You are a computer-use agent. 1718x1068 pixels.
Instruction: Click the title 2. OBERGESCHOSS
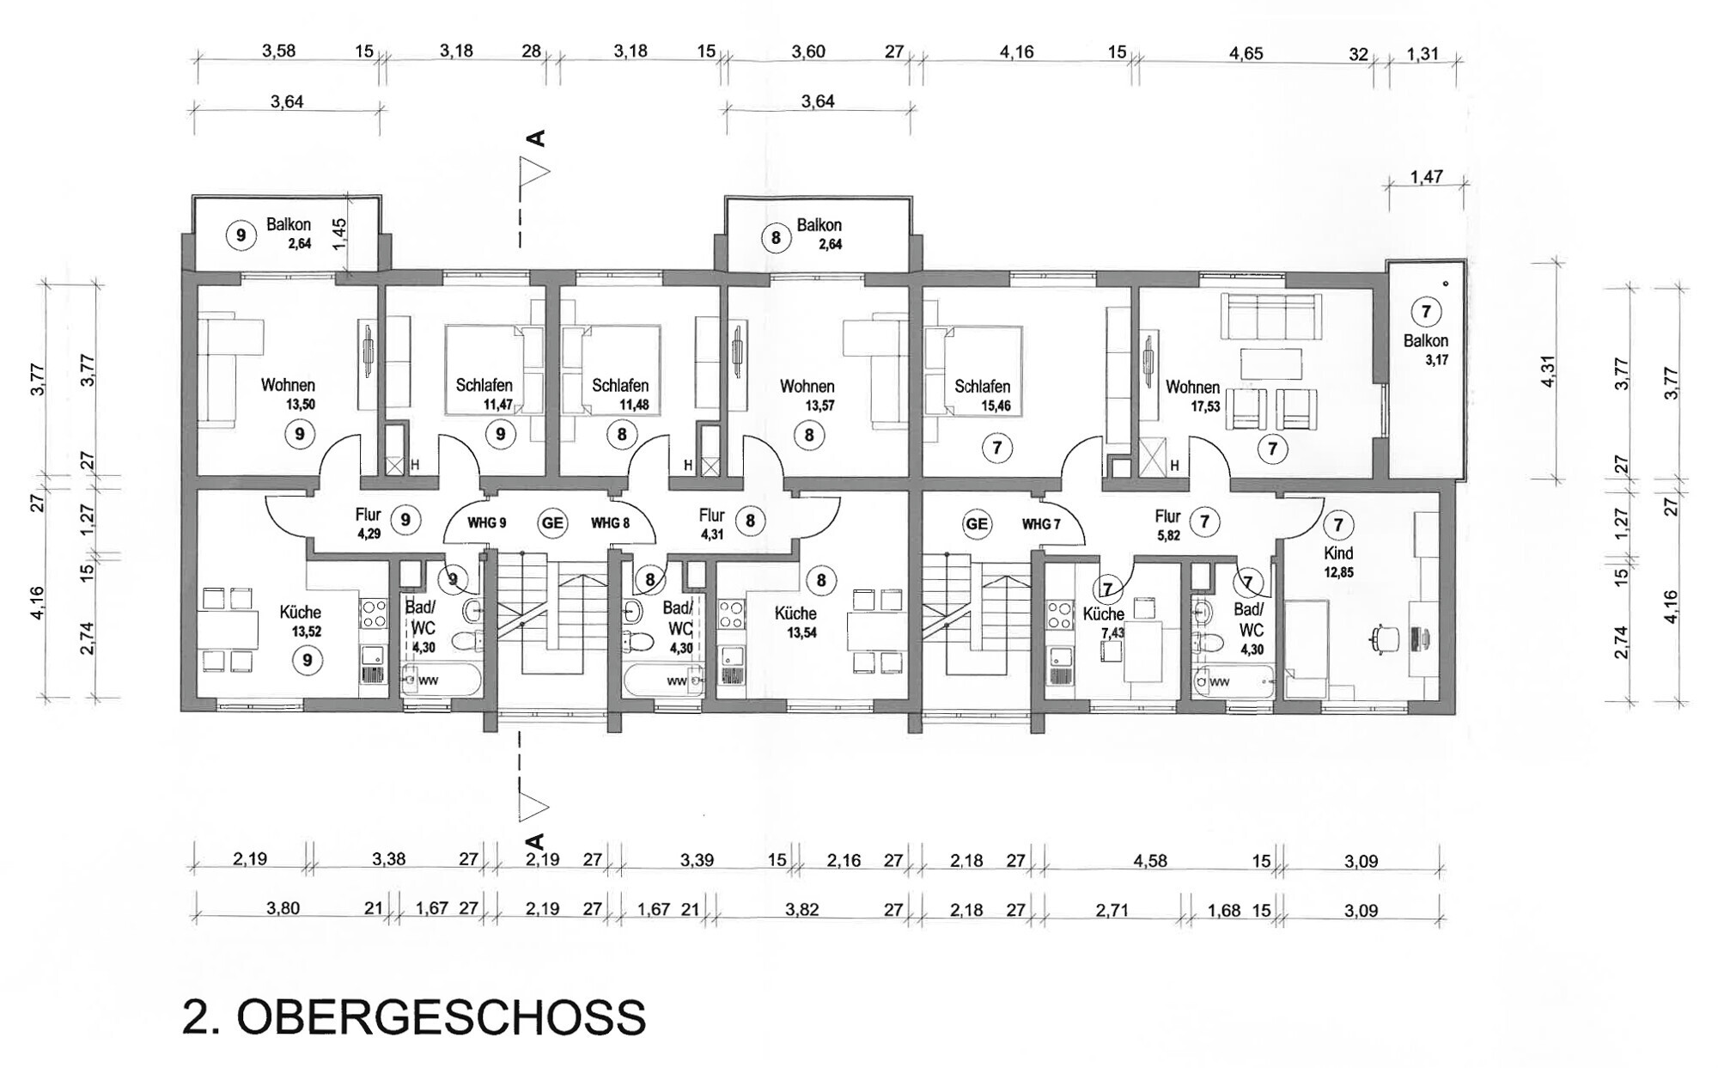pyautogui.click(x=414, y=1017)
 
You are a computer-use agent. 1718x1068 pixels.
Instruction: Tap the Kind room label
pyautogui.click(x=1338, y=553)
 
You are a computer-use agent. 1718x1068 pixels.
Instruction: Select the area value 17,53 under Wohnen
pyautogui.click(x=1205, y=406)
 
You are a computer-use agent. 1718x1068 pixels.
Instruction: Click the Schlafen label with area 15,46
pyautogui.click(x=982, y=387)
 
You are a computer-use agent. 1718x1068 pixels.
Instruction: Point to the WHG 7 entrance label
pyautogui.click(x=1040, y=524)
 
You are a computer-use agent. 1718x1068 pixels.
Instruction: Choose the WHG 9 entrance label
pyautogui.click(x=486, y=522)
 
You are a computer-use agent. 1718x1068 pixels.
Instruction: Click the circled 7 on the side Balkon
pyautogui.click(x=1426, y=312)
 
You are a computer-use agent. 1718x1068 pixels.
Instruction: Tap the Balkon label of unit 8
pyautogui.click(x=819, y=225)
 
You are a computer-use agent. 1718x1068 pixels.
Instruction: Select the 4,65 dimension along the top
pyautogui.click(x=1246, y=53)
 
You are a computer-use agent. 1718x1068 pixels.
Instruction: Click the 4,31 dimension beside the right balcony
pyautogui.click(x=1548, y=370)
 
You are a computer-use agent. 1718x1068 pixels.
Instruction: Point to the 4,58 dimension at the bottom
pyautogui.click(x=1150, y=861)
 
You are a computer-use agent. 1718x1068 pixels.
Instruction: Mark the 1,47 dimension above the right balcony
pyautogui.click(x=1426, y=177)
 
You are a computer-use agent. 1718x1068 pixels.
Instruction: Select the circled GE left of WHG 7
pyautogui.click(x=977, y=524)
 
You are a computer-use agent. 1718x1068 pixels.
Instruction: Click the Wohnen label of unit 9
pyautogui.click(x=288, y=386)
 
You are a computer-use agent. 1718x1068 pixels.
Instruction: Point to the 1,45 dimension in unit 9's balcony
pyautogui.click(x=339, y=234)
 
